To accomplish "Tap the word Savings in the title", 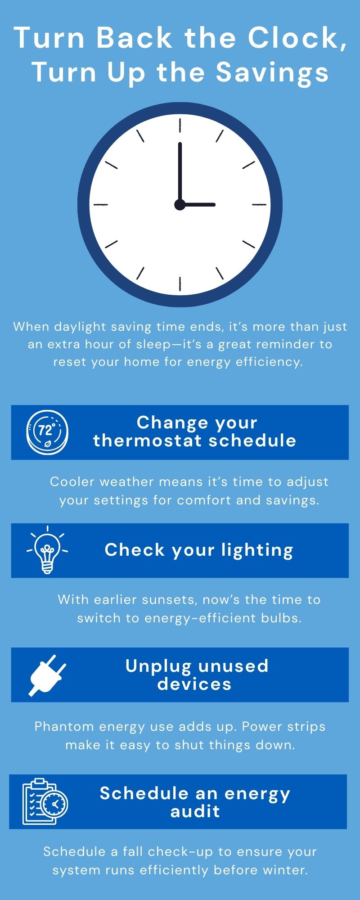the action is tap(273, 72).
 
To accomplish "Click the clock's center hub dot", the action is tap(180, 205).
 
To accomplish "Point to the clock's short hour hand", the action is tap(198, 205).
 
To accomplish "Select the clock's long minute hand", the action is tap(180, 174).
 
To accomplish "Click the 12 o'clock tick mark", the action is tap(180, 125).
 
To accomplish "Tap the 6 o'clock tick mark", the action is tap(180, 284).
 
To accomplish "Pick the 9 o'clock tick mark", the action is tap(101, 205).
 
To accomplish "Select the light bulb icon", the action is tap(47, 550).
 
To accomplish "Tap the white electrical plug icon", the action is tap(47, 675).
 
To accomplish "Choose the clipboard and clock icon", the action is tap(45, 801).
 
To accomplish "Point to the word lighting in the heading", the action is tap(257, 550).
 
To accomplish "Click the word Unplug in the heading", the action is tap(159, 666).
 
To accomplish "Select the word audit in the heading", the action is tap(195, 811).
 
